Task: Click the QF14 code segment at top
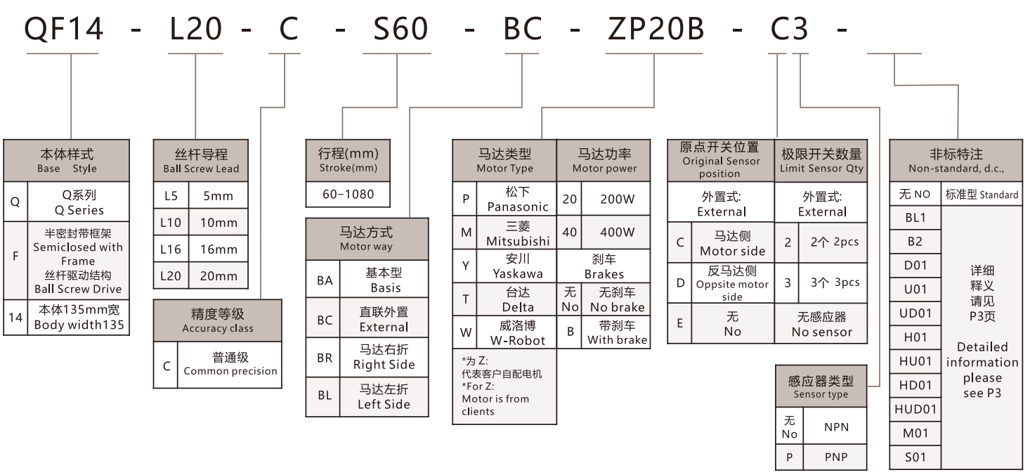pos(65,27)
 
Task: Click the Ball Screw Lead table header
pos(200,160)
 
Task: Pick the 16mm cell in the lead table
pos(219,249)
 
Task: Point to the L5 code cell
pos(171,196)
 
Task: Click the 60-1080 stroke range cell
pos(347,194)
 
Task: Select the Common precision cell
pos(230,364)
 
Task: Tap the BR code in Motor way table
pos(324,357)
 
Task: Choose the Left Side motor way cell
pos(384,397)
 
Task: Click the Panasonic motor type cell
pos(517,199)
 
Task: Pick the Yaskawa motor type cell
pos(517,266)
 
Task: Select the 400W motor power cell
pos(616,232)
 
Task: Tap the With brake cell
pos(616,332)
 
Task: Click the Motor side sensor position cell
pos(732,243)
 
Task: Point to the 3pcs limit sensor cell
pos(834,282)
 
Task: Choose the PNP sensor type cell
pos(835,457)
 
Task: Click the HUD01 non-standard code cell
pos(915,408)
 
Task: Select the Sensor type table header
pos(821,386)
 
